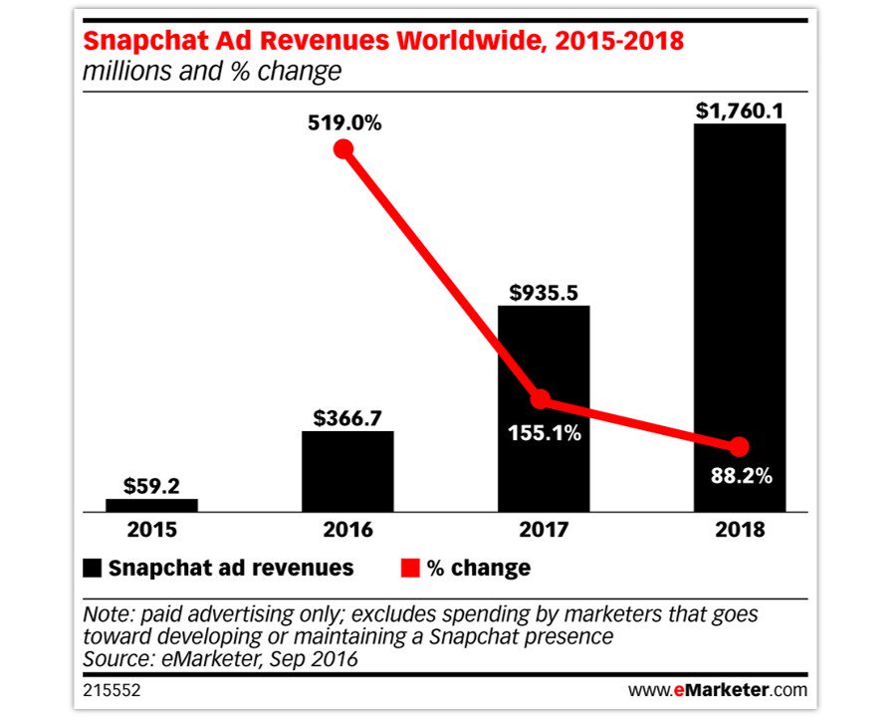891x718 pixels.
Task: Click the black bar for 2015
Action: pos(151,504)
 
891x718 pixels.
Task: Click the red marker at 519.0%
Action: pos(343,149)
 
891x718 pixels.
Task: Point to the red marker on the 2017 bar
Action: pos(540,400)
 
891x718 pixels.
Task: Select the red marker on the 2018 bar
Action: pos(739,446)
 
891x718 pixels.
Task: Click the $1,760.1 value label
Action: pos(739,106)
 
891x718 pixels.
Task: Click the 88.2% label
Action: pos(739,476)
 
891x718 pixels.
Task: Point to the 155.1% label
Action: pos(543,434)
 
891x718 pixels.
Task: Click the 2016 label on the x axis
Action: pos(346,529)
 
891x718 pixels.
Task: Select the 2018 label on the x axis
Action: pos(739,529)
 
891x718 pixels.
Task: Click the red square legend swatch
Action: pos(410,569)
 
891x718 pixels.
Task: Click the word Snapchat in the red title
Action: pos(146,43)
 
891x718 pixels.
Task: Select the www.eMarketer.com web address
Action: pos(718,689)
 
